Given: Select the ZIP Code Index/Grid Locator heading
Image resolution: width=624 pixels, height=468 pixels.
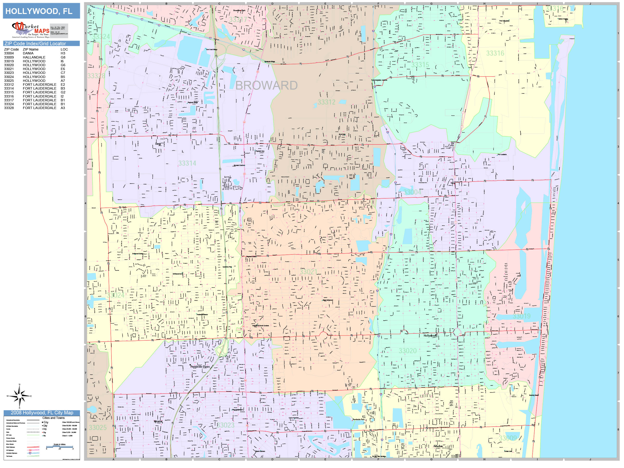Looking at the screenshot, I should tap(35, 43).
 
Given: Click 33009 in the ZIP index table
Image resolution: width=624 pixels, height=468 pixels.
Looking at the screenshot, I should tap(9, 57).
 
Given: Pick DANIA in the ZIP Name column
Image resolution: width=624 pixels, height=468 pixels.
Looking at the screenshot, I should tap(28, 53).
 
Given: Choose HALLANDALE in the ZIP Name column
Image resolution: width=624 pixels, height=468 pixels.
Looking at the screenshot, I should tap(34, 57).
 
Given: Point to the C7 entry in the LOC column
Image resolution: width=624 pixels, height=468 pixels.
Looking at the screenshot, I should tap(63, 73).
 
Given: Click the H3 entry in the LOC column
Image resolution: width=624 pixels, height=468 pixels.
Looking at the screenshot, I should tap(63, 53).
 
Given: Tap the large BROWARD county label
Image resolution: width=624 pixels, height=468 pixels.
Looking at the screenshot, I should tap(266, 85).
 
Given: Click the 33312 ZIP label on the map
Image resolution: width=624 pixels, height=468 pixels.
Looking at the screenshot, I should tap(326, 102).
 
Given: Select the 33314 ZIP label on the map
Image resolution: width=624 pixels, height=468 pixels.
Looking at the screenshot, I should tap(187, 163).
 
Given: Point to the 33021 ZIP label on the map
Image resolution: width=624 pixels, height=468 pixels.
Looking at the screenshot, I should tap(308, 272).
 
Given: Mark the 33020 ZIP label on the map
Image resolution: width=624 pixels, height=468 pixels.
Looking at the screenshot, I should tap(407, 351).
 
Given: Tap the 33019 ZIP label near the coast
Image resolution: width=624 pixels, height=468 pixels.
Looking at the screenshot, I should tap(521, 316).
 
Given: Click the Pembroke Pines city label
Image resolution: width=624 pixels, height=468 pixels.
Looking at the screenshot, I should tap(200, 367).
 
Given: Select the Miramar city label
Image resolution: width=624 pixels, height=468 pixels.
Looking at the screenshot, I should tap(158, 422).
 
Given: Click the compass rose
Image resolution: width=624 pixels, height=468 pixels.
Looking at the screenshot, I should tap(19, 396).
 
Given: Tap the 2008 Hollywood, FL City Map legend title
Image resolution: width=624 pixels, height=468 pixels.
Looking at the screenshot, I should tap(42, 413).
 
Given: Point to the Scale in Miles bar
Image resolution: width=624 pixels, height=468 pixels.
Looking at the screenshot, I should tap(59, 447).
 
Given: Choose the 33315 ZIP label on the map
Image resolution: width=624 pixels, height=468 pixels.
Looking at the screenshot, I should tap(420, 65).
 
